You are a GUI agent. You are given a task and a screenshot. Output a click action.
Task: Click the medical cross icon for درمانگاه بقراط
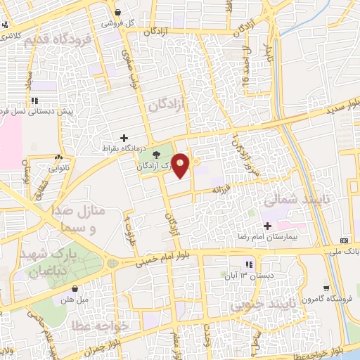[x=124, y=138]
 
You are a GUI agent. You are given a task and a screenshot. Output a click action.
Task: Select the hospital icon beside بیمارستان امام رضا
[x=266, y=226]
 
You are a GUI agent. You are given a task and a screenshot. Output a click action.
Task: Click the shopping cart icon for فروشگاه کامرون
[x=326, y=288]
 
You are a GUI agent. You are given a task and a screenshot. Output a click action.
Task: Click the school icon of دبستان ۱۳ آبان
[x=248, y=264]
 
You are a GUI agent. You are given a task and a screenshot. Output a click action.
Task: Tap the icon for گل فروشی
[x=118, y=12]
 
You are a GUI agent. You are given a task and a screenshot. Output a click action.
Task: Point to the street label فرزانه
[x=223, y=189]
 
